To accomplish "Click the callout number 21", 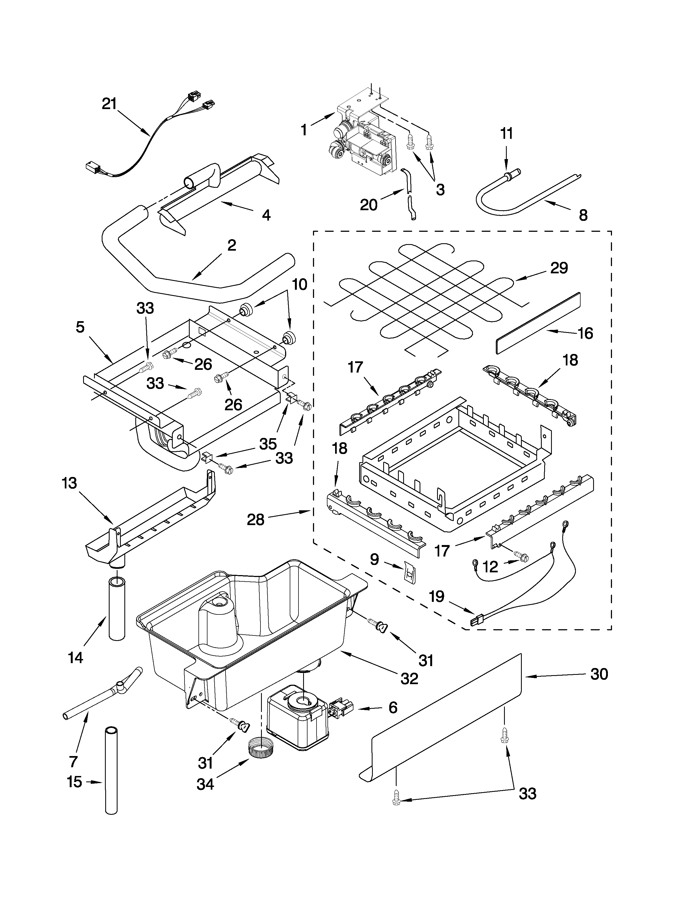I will (109, 104).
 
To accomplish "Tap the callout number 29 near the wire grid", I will (559, 268).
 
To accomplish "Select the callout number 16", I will (585, 333).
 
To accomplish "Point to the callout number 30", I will (599, 674).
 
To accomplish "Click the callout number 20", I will (368, 204).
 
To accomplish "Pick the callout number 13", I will (69, 483).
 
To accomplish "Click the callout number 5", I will (80, 327).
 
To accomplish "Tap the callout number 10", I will (300, 284).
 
